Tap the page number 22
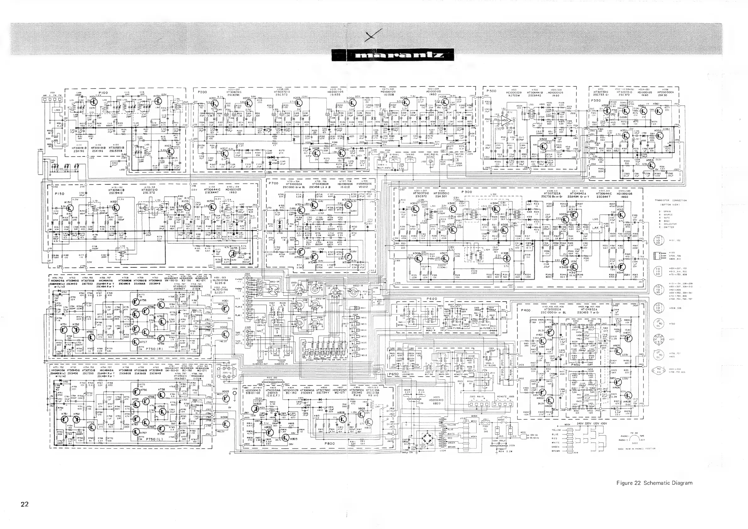25,504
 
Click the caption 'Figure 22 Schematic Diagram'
654,483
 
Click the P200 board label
202,92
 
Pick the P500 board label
491,91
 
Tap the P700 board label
273,183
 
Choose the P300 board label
467,192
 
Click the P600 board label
432,299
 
